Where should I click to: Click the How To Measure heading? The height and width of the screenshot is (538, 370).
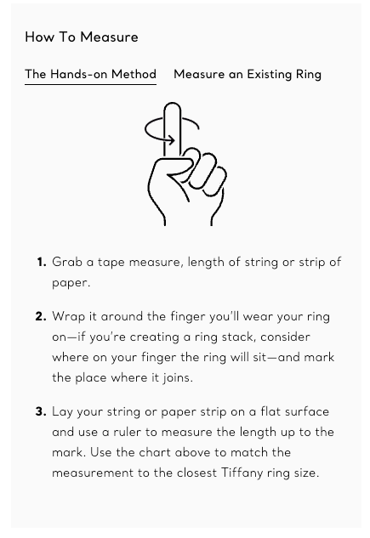pos(82,37)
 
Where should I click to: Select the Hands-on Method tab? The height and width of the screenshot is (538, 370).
pos(91,74)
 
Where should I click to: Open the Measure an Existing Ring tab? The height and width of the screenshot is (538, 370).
pos(248,75)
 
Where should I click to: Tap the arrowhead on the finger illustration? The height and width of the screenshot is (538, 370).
pos(171,140)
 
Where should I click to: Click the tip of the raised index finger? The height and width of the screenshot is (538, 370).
pos(173,104)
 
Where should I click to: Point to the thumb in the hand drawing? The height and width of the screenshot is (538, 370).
pos(179,167)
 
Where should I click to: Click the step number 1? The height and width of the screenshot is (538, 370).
pos(42,262)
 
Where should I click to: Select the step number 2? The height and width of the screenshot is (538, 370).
pos(41,316)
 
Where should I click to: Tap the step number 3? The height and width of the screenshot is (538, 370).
pos(41,411)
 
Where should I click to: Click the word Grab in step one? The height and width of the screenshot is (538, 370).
pos(67,262)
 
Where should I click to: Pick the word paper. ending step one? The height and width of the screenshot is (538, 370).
pos(71,283)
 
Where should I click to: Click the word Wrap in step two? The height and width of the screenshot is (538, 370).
pos(69,317)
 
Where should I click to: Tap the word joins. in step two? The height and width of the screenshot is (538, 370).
pos(178,377)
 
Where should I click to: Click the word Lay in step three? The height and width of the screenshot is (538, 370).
pos(62,412)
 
